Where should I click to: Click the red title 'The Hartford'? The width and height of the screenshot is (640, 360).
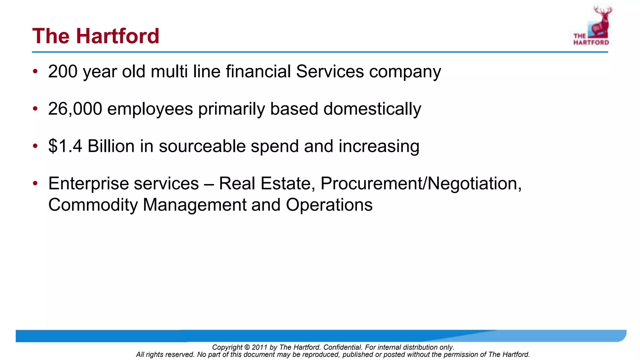96,36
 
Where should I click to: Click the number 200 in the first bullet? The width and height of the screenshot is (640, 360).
63,71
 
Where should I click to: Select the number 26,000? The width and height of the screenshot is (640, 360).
75,109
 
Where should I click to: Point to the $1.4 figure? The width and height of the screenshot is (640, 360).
65,146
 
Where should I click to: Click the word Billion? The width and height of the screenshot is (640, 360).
111,146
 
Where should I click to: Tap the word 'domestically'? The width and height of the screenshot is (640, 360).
372,109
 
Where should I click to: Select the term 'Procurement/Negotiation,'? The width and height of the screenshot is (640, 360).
421,183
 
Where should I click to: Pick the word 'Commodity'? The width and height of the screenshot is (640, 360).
93,205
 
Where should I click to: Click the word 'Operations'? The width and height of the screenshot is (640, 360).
329,205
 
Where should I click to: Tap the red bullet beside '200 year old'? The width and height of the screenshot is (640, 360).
35,71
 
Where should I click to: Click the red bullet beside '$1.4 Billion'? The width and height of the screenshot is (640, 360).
35,146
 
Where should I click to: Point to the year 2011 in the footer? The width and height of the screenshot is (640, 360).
259,347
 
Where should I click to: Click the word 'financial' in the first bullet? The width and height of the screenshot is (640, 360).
258,71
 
